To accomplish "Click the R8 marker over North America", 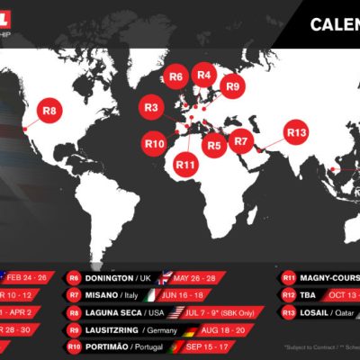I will click(x=49, y=112).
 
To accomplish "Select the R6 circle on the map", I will click(x=176, y=77).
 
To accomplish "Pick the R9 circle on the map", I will click(x=233, y=86).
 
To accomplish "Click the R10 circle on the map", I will click(x=155, y=142).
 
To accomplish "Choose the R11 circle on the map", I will click(x=186, y=164).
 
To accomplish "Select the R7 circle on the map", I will click(x=240, y=141).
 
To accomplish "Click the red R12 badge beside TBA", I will click(x=289, y=294).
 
